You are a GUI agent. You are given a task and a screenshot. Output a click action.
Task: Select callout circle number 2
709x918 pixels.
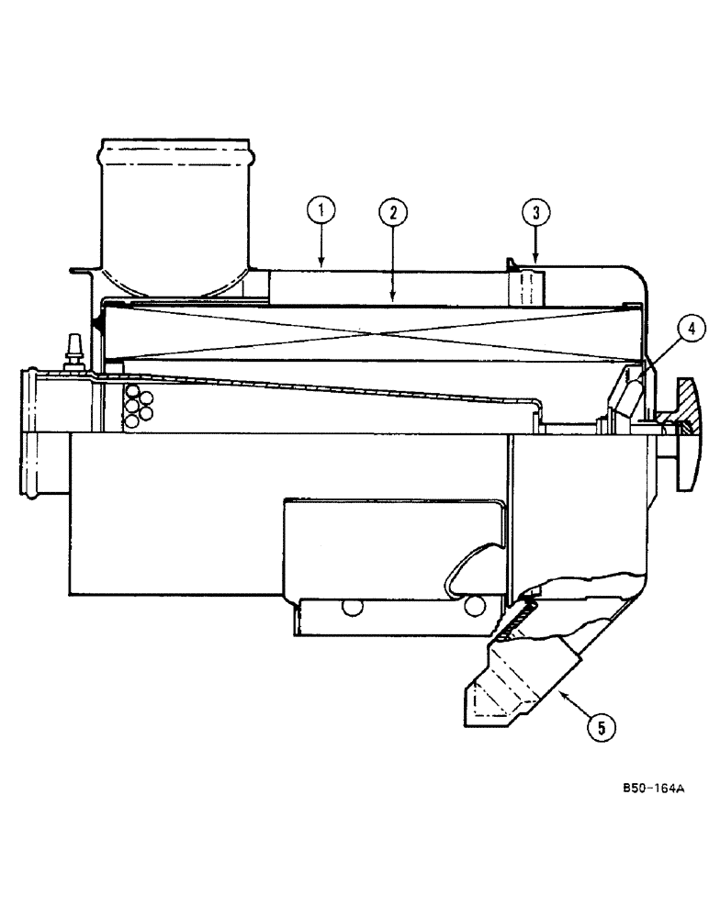click(392, 213)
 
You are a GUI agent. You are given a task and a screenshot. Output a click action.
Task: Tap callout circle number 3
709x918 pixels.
click(536, 213)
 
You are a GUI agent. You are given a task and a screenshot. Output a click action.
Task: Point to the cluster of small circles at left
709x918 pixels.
click(137, 404)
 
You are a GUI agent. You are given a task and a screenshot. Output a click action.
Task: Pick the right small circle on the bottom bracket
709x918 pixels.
click(476, 607)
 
